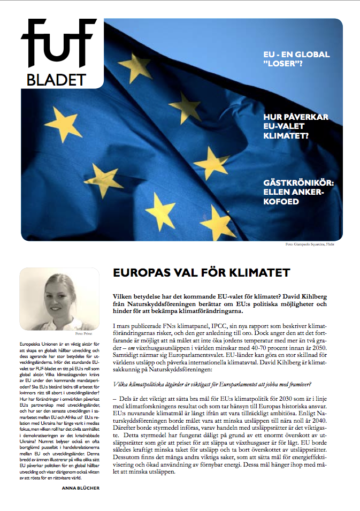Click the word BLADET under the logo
(56, 80)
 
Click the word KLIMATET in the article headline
(261, 273)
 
